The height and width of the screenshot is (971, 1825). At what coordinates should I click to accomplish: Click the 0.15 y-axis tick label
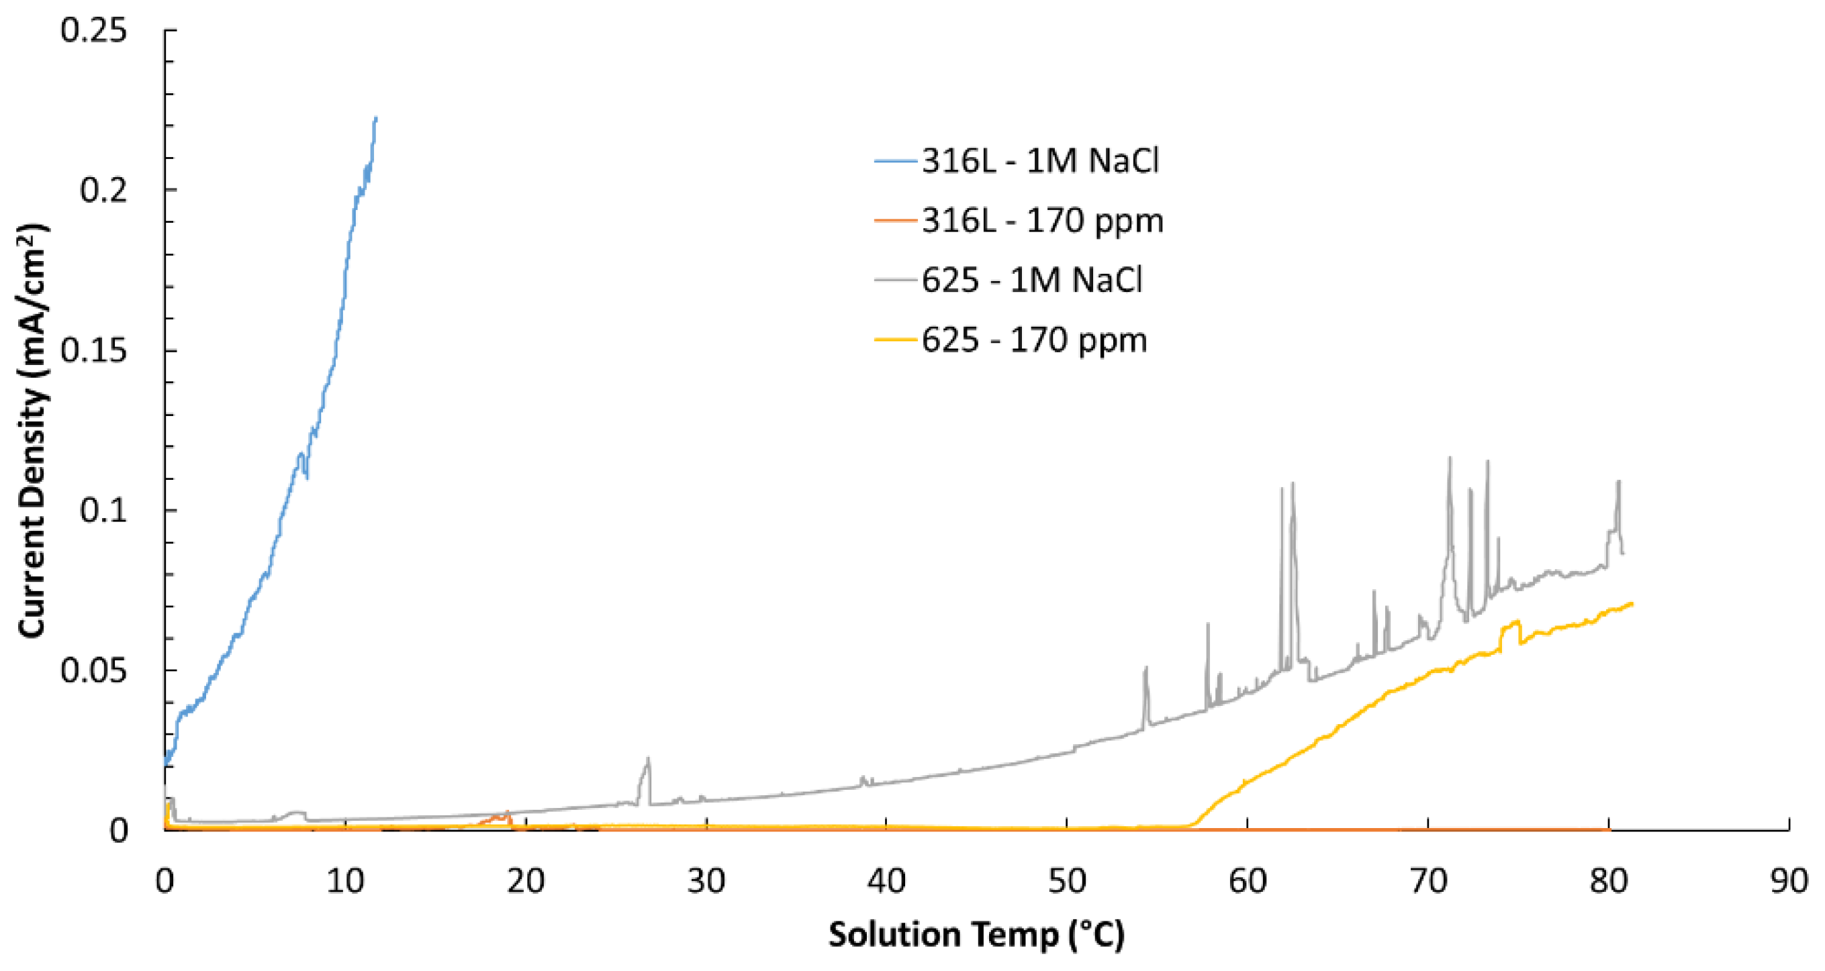point(93,350)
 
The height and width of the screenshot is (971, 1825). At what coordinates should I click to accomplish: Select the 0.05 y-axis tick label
point(93,670)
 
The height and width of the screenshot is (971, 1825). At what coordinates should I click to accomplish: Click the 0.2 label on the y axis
point(103,190)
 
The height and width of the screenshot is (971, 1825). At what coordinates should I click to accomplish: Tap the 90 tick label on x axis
point(1788,881)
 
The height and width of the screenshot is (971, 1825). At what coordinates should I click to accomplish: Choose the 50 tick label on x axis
point(1067,881)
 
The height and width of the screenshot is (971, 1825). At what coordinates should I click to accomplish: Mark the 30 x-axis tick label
point(706,881)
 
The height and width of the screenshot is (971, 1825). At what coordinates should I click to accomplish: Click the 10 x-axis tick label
point(345,881)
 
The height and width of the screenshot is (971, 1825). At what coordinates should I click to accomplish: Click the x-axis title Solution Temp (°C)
point(976,934)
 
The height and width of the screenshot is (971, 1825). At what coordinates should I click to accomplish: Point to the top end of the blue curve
point(375,118)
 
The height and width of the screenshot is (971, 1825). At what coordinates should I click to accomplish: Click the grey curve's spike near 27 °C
point(647,760)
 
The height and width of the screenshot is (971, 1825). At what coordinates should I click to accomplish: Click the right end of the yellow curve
point(1632,603)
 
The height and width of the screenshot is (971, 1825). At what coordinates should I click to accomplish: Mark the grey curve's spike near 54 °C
point(1145,668)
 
